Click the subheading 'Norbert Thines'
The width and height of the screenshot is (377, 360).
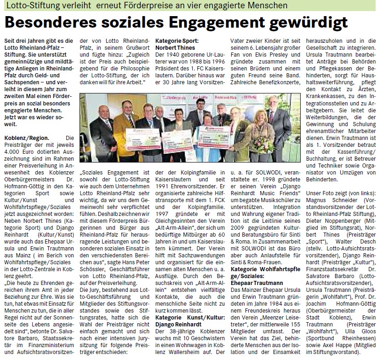tap(175, 48)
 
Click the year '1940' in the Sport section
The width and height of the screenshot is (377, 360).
tap(176, 55)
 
